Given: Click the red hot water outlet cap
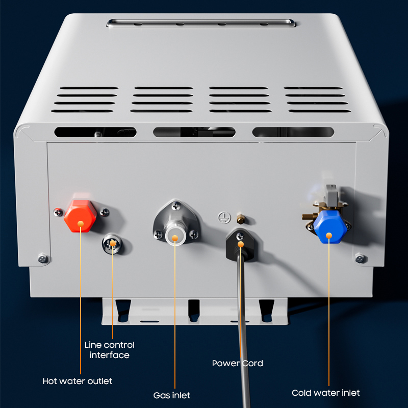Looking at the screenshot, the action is (81, 216).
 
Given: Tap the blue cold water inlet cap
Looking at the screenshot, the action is (330, 227).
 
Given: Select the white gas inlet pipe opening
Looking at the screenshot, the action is (175, 236).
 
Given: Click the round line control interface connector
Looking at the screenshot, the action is (112, 244).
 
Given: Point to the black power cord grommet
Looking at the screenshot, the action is (241, 245).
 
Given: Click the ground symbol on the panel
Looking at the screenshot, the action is (224, 217).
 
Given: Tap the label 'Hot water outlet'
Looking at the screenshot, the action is (78, 381).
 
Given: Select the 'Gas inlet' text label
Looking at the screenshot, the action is (172, 396).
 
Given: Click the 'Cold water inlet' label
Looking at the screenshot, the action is (326, 393).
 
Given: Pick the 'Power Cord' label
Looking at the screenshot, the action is (237, 363).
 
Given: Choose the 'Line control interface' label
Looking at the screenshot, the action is (110, 350).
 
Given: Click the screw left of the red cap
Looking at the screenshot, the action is (58, 212).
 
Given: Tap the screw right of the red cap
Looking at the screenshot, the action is (105, 212).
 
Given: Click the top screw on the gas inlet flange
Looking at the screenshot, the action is (176, 206).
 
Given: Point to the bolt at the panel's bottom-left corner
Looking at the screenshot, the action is (43, 259).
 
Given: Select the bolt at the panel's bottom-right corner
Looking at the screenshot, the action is (360, 259).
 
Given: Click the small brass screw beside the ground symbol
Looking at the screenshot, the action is (241, 219).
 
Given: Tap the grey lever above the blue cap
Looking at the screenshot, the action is (330, 195).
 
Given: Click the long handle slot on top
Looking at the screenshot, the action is (201, 23).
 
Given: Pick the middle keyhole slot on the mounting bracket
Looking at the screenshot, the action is (194, 310).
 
